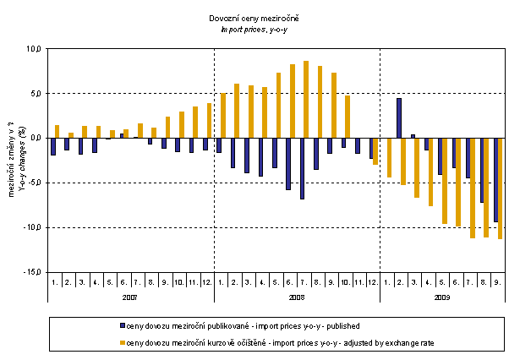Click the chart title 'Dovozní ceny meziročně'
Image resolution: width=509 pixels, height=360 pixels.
tap(254, 19)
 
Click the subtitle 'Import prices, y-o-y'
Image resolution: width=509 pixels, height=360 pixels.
tap(254, 29)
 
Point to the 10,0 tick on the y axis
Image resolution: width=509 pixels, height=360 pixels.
tap(33, 49)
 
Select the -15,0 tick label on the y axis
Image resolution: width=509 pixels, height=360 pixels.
tap(31, 272)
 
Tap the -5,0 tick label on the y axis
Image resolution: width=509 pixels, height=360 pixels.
tap(33, 183)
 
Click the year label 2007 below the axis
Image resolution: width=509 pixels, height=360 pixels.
tap(130, 297)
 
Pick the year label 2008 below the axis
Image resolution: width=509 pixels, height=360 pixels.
tap(296, 297)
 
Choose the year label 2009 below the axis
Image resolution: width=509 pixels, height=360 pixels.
tap(442, 297)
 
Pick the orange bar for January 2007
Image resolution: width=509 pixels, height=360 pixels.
tap(57, 131)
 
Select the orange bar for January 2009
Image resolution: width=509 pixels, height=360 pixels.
tap(389, 157)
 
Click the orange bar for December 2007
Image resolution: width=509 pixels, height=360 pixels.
tap(209, 120)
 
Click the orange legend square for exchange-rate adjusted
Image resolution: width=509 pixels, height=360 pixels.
tap(122, 344)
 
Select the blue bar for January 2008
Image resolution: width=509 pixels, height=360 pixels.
tap(218, 145)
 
